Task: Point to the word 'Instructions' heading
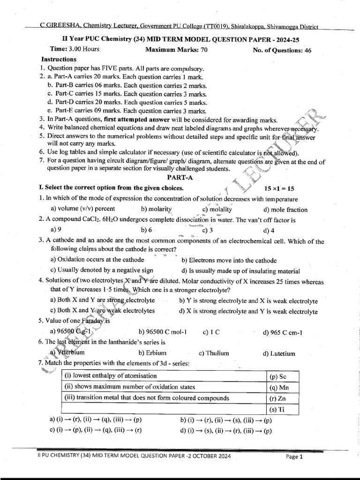pos(59,60)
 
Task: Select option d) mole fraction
pos(285,210)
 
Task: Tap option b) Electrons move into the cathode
pos(229,260)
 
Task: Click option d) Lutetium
pos(279,353)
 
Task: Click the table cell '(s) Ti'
pos(277,409)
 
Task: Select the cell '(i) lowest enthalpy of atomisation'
pos(114,376)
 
